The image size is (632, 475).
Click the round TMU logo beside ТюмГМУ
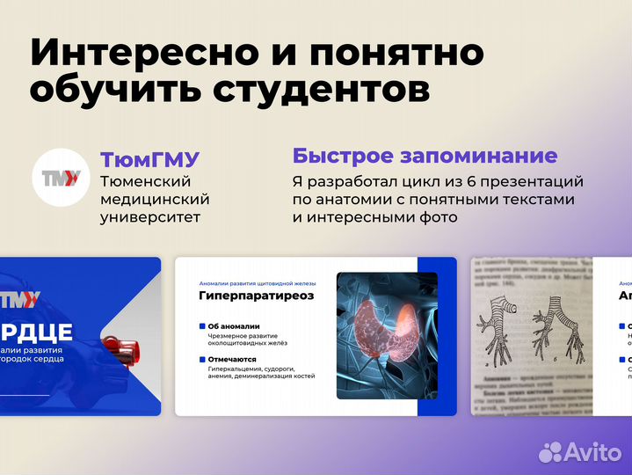point(62,179)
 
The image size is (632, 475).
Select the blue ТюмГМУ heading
point(149,160)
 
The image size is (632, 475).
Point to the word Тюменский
point(146,181)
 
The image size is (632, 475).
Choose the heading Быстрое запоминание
point(425,157)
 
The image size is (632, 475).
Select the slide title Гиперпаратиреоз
point(256,296)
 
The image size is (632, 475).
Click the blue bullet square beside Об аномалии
point(202,326)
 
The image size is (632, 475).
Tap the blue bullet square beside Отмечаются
point(202,359)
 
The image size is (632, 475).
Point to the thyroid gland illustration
point(377,325)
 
